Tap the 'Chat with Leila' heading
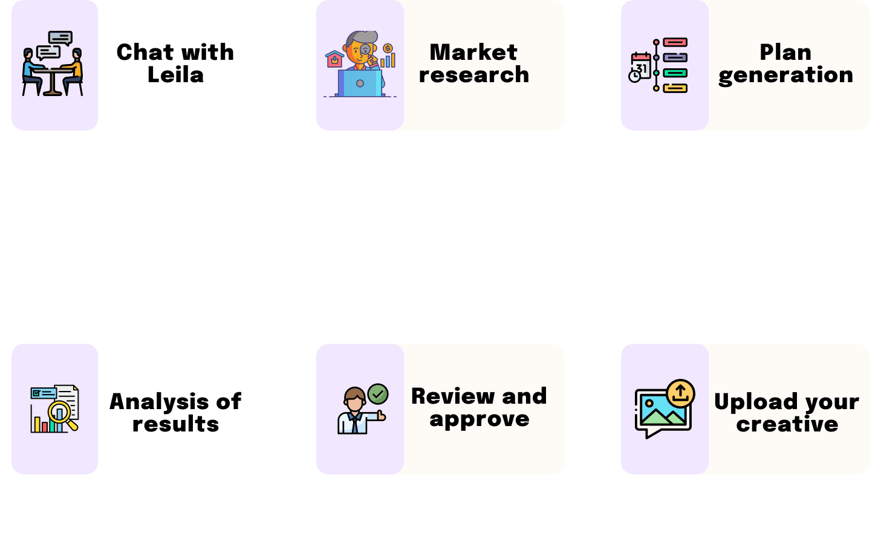[x=175, y=63]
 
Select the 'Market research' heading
[x=473, y=63]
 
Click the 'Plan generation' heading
[x=785, y=63]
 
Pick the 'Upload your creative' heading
[x=787, y=413]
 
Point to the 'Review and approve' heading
[x=479, y=407]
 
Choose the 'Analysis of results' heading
[x=175, y=413]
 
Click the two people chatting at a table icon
[x=53, y=64]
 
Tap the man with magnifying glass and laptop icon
[x=360, y=65]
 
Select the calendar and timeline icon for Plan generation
[x=658, y=65]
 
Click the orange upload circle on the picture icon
[x=681, y=393]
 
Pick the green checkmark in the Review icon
[x=378, y=394]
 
